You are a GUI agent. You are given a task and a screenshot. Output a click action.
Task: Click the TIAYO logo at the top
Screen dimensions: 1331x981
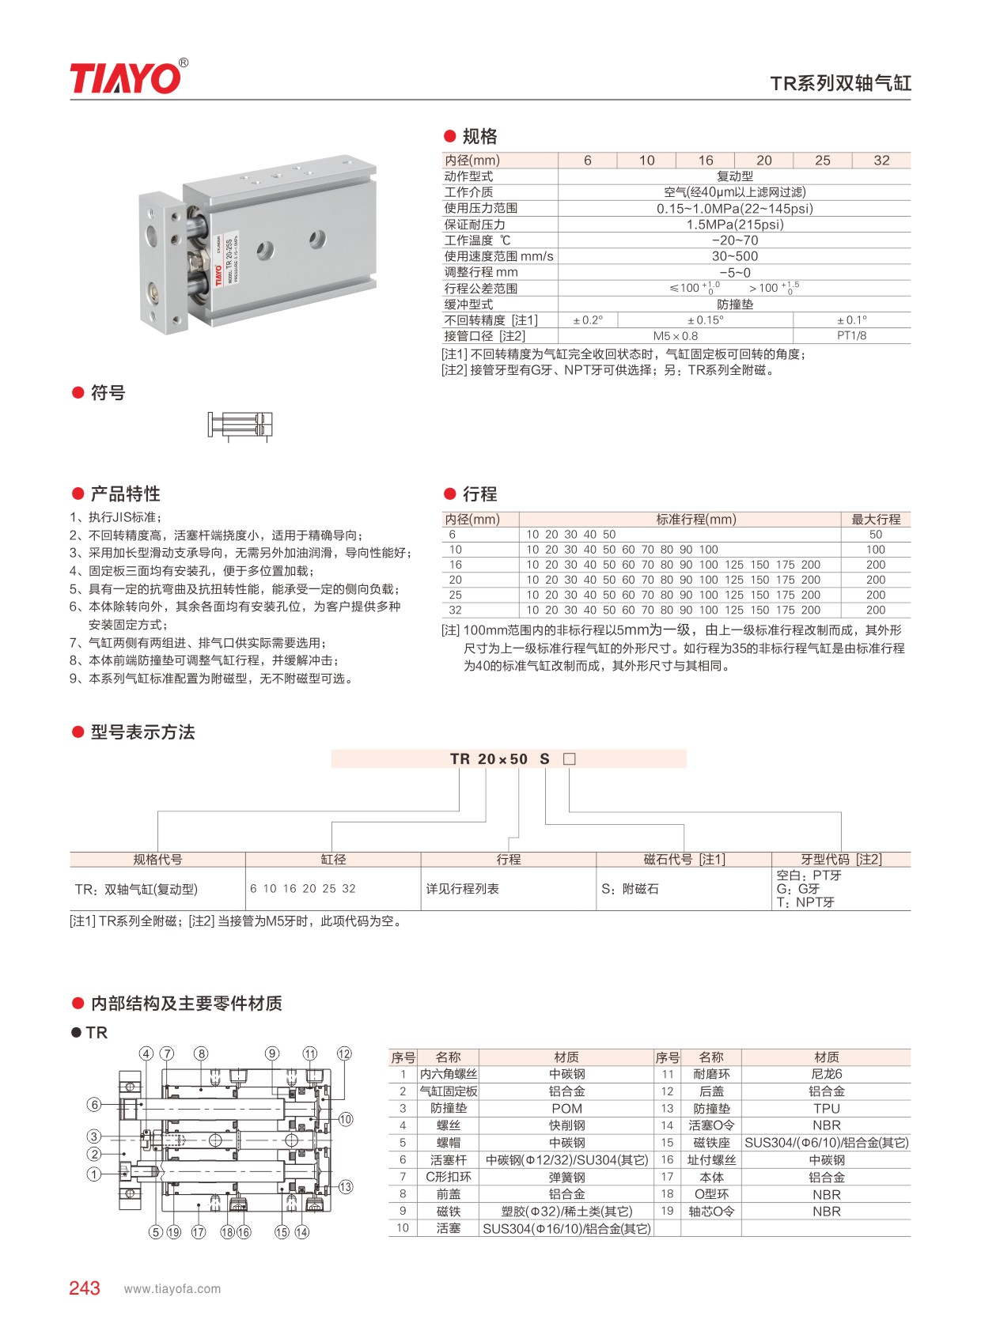(x=127, y=78)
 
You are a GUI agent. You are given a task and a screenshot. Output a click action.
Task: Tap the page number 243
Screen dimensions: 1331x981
(x=85, y=1288)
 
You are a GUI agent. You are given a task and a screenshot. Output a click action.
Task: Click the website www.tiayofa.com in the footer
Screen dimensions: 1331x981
(x=172, y=1289)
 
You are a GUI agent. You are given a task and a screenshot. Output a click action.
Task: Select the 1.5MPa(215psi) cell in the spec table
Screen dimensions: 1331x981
(x=734, y=225)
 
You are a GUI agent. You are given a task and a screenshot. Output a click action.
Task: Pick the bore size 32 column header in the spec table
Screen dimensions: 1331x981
(x=881, y=161)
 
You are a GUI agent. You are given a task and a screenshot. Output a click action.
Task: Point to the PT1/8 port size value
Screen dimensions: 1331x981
(x=851, y=336)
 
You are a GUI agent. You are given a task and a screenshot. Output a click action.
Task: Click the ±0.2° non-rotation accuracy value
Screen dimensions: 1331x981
(x=588, y=320)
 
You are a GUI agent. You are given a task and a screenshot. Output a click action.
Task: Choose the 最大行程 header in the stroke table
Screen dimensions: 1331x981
(x=875, y=520)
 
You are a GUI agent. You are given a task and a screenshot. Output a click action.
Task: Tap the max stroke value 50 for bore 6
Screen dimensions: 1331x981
(x=875, y=535)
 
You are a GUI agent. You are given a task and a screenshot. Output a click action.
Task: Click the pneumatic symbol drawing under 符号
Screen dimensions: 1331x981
(x=241, y=425)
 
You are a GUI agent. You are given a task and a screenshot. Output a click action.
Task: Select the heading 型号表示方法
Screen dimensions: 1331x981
(x=142, y=732)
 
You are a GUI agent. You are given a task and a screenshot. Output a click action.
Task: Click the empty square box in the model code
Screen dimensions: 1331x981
(x=569, y=759)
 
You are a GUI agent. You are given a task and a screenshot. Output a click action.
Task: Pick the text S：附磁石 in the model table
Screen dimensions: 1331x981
(x=630, y=889)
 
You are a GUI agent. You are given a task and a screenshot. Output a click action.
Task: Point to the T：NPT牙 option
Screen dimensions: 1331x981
(x=805, y=902)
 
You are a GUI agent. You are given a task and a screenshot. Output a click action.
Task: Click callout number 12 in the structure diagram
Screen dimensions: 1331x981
(x=344, y=1053)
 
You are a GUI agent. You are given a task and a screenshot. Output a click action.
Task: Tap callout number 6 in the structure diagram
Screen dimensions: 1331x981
(x=94, y=1105)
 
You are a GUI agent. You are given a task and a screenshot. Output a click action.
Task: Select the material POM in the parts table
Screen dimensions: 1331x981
(x=566, y=1109)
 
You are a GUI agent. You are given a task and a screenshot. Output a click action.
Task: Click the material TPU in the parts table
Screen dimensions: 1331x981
(x=826, y=1109)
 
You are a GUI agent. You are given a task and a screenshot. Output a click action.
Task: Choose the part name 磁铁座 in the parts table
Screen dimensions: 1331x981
(x=711, y=1143)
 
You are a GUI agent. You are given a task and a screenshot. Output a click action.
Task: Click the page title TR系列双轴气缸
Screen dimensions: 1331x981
(x=840, y=84)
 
